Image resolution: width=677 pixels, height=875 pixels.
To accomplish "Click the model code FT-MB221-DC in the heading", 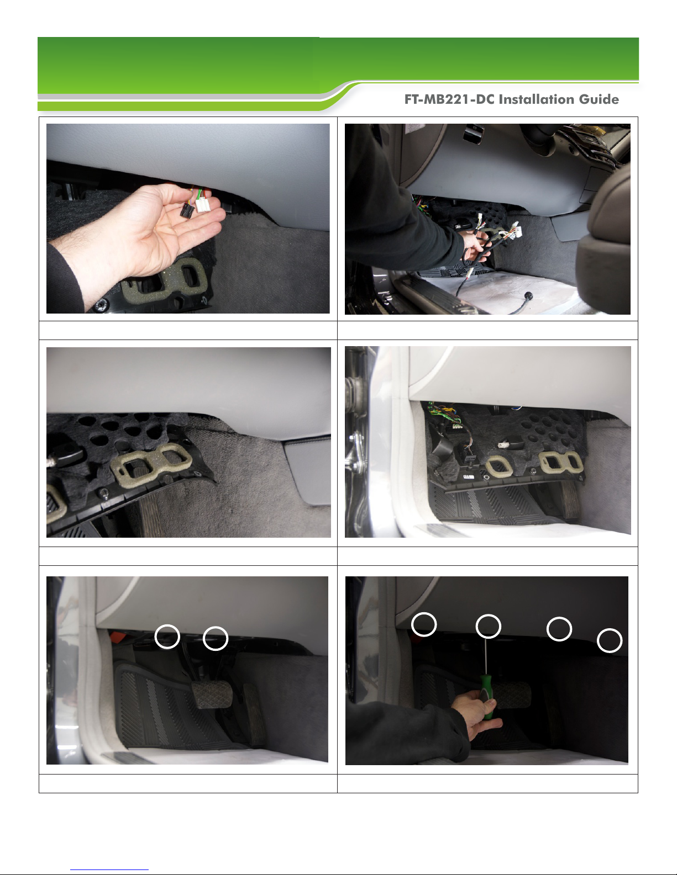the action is click(x=449, y=99).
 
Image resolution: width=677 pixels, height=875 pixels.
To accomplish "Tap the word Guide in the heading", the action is click(x=599, y=99).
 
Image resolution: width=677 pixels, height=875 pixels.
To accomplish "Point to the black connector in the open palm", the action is click(x=187, y=210).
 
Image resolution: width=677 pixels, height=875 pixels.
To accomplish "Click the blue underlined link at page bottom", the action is click(x=109, y=868).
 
